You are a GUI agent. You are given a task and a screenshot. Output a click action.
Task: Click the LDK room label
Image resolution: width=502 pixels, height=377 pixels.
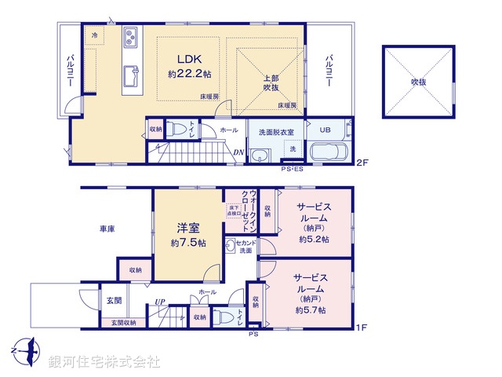click(189, 59)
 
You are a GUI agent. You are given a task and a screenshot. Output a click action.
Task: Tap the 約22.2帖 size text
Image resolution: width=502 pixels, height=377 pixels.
click(189, 74)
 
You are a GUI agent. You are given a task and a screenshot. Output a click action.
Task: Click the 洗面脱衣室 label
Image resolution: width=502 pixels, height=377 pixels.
click(271, 133)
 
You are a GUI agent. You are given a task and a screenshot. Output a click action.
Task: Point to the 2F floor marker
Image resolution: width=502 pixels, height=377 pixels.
click(361, 163)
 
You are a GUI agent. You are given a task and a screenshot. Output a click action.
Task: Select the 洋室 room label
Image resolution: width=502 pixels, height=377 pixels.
click(187, 229)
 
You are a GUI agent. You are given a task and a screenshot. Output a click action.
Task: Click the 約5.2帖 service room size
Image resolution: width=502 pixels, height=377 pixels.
click(312, 239)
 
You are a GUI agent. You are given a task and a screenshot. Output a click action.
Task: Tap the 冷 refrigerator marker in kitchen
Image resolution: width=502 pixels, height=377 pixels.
click(95, 36)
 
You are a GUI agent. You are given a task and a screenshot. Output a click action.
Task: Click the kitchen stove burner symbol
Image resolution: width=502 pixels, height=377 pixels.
click(129, 36)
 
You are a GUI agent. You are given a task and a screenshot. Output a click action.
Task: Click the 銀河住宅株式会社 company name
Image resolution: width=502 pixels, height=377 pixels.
click(104, 362)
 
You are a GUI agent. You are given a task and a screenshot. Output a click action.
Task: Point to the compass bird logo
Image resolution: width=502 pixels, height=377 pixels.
click(26, 348)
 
